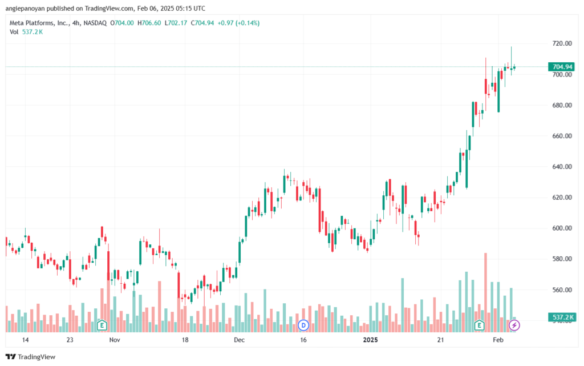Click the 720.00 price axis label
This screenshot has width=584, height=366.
click(562, 43)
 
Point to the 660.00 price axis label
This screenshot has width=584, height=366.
click(562, 136)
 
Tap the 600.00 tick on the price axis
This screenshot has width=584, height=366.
click(562, 228)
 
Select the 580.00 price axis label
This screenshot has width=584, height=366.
click(562, 259)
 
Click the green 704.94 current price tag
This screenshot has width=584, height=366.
click(562, 67)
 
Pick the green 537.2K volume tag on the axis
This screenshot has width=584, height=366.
click(562, 317)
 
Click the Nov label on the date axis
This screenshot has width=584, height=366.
click(115, 340)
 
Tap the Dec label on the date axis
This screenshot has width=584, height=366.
click(239, 340)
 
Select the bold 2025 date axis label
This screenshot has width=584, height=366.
click(370, 340)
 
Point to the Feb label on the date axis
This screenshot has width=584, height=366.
click(498, 340)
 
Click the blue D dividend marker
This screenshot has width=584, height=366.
click(303, 325)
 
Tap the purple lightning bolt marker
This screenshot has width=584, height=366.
click(514, 325)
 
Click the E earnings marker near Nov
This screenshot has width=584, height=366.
click(102, 325)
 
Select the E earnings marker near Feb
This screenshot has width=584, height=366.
click(479, 325)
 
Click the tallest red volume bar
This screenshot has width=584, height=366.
click(486, 292)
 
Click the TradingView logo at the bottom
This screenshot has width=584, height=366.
click(31, 357)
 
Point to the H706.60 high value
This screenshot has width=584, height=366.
click(149, 23)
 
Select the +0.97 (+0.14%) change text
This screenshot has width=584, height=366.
click(238, 23)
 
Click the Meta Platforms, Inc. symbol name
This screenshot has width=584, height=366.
click(39, 23)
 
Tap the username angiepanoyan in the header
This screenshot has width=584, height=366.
click(25, 9)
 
